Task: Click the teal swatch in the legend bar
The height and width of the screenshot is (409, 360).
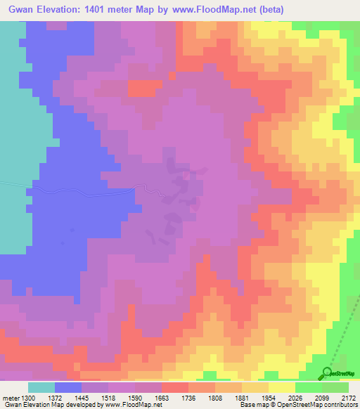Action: tap(41, 387)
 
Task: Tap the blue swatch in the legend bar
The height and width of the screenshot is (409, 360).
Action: tap(68, 387)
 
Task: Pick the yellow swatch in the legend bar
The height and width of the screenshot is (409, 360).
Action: tap(282, 387)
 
